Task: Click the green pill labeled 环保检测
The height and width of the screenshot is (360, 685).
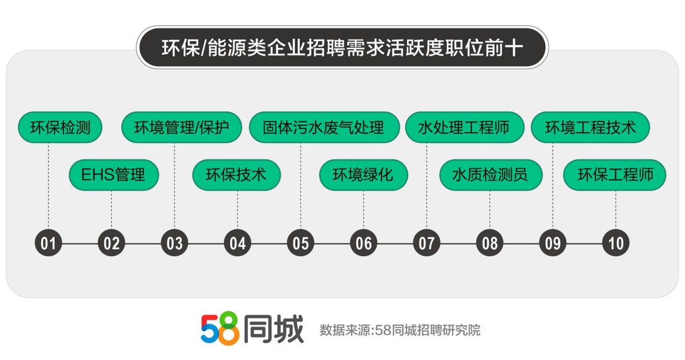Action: point(60,127)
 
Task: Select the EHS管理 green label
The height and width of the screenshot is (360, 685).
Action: point(114,175)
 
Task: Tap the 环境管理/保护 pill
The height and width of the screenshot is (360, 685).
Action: point(182,127)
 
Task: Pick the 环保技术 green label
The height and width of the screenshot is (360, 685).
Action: point(236,175)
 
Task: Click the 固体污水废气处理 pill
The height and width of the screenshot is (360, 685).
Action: point(324,127)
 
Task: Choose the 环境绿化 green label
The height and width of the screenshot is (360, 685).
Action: point(364,175)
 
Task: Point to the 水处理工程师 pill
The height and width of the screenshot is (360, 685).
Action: point(465,127)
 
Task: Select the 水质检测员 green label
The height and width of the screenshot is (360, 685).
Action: point(491,175)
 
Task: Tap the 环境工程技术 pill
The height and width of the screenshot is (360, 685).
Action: point(590,127)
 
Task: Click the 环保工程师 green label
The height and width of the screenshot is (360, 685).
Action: point(615,175)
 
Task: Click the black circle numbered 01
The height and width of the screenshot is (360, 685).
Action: point(49,242)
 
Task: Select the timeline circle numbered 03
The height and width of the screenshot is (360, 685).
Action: point(174,242)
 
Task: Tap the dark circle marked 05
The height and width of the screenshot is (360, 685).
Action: point(301,242)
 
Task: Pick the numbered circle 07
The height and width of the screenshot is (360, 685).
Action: point(426,242)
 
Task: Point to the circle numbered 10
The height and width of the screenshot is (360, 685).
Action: point(615,242)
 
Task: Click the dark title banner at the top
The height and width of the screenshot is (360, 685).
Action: point(342,47)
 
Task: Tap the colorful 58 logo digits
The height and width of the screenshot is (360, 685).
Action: point(220,329)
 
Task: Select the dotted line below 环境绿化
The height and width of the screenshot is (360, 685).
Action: point(364,209)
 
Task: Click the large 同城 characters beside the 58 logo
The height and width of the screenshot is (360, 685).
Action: point(273,329)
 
